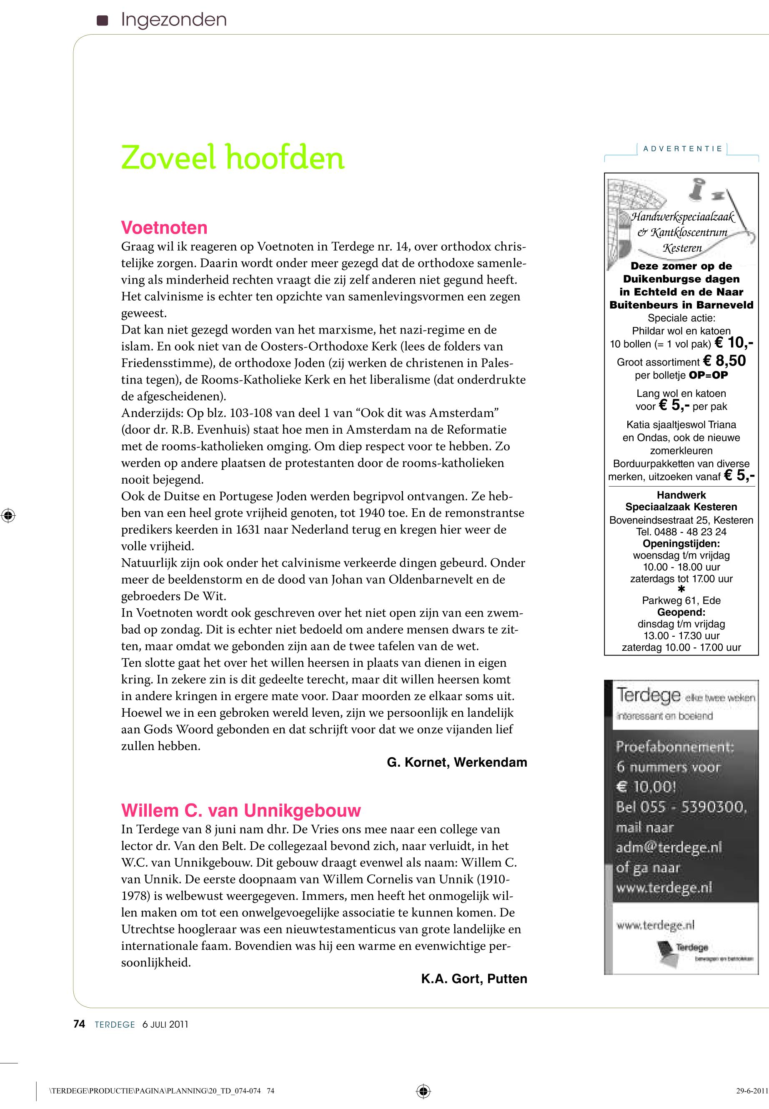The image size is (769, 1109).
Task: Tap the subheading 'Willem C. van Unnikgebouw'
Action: click(x=241, y=810)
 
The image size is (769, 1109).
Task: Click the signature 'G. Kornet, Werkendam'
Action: click(x=457, y=762)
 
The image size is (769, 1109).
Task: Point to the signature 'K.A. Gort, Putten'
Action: click(x=474, y=979)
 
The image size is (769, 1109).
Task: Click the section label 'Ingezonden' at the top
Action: click(x=173, y=20)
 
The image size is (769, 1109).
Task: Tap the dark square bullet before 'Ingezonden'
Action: click(x=102, y=20)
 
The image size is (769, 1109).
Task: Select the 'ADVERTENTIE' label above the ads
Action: click(x=682, y=148)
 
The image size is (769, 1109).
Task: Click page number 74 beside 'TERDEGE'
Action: click(x=79, y=1024)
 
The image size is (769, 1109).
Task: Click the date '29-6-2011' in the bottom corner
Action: click(x=751, y=1091)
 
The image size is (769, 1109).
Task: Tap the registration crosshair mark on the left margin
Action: click(x=8, y=516)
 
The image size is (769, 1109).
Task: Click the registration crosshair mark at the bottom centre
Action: click(x=423, y=1091)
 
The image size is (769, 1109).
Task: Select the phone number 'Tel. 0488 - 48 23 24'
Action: click(x=681, y=532)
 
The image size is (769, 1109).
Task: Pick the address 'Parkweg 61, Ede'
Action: click(x=681, y=600)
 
